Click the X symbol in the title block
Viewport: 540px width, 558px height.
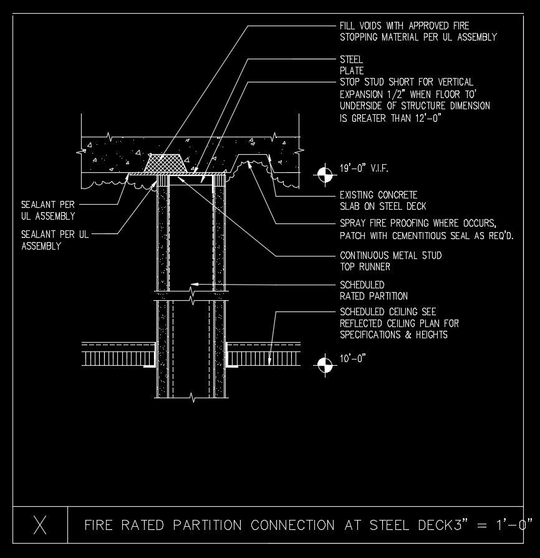coord(40,525)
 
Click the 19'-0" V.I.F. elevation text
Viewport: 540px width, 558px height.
coord(364,169)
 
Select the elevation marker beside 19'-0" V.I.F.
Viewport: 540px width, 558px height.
coord(324,175)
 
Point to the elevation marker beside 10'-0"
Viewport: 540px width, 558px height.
coord(324,365)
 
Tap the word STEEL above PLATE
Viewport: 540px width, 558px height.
coord(351,60)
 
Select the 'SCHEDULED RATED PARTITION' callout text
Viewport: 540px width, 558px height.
coord(374,290)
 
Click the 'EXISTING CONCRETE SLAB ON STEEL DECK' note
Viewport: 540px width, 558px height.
coord(383,200)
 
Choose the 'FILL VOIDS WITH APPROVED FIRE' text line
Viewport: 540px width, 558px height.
coord(404,26)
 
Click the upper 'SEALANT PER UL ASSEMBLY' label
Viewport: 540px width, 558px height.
coord(48,210)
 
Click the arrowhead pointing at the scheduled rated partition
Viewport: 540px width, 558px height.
coord(194,285)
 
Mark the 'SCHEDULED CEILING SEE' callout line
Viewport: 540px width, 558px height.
coord(388,311)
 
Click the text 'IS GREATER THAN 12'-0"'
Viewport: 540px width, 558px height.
coord(390,117)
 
